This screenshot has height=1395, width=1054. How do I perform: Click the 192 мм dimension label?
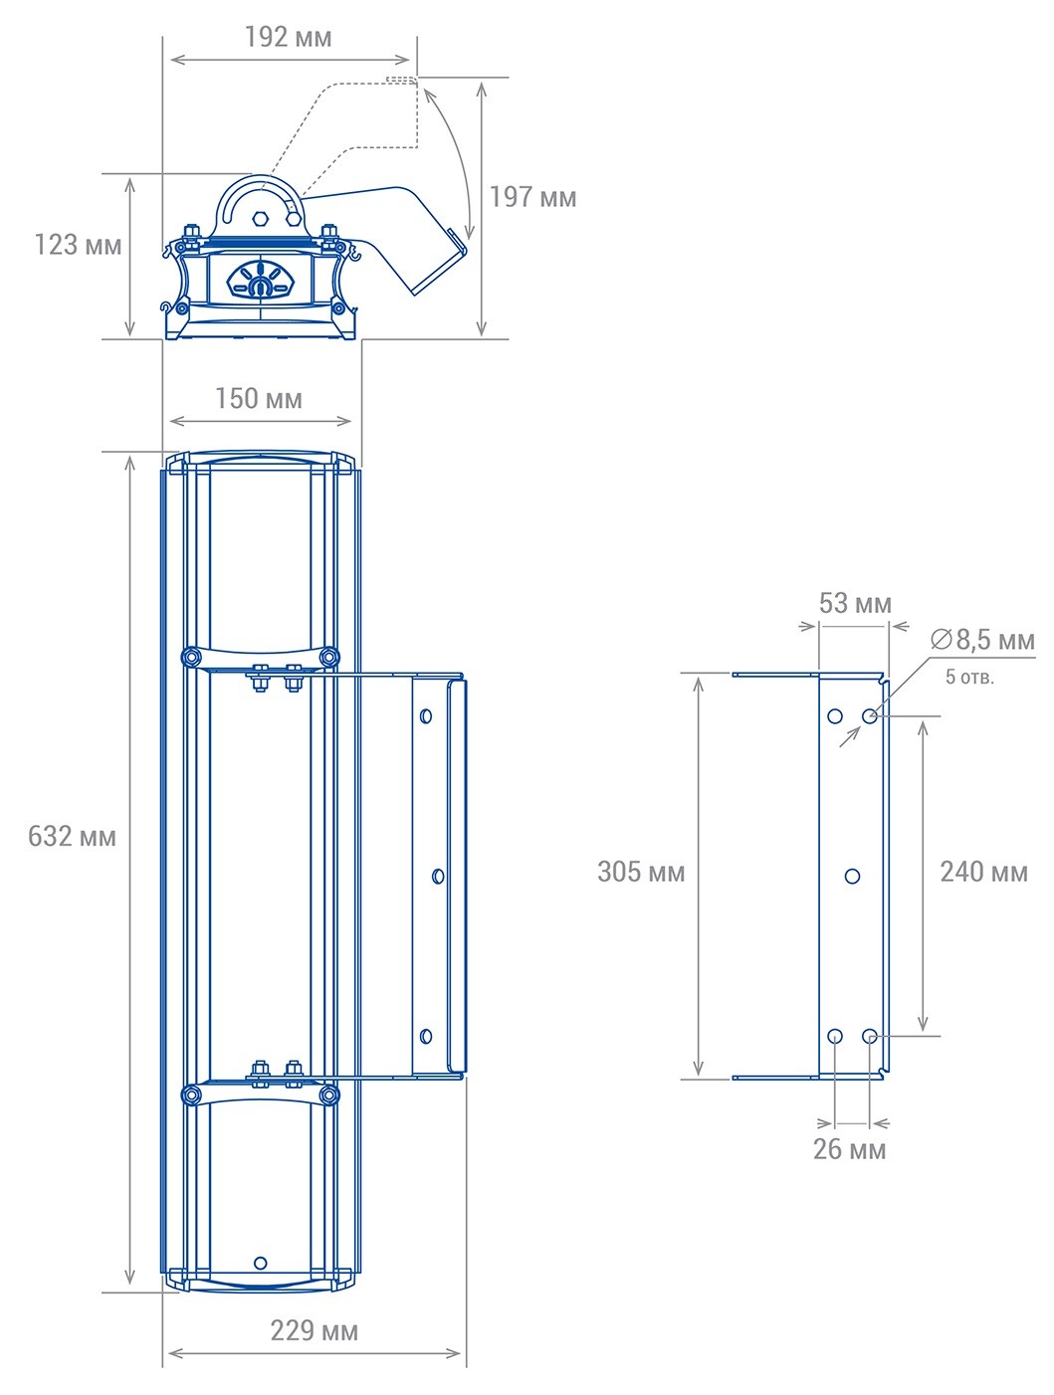(x=288, y=38)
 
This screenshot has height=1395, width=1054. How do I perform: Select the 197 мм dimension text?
(x=532, y=197)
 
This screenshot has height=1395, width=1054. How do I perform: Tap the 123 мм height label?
(x=78, y=245)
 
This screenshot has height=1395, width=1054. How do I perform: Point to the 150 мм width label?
(x=258, y=399)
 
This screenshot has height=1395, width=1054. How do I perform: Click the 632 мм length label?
(x=72, y=837)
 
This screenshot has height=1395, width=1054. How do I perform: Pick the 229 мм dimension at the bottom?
(x=314, y=1331)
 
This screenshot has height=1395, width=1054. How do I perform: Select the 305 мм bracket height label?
(x=641, y=873)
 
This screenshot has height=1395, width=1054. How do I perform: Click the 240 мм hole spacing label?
(x=983, y=873)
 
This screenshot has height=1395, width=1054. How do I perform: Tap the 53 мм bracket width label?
(x=855, y=604)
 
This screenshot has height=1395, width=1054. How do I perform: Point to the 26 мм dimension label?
(x=849, y=1149)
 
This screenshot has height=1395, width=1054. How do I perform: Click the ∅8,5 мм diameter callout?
(x=982, y=640)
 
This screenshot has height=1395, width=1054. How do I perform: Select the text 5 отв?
(x=969, y=678)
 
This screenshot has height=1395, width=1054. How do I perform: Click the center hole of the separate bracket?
(x=852, y=877)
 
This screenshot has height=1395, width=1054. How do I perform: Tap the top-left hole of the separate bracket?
(x=835, y=715)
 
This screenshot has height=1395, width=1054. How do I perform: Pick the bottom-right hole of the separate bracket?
(x=870, y=1037)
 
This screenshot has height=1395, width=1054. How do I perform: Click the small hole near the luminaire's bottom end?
(x=261, y=1263)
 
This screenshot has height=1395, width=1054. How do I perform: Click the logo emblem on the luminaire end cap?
(x=260, y=280)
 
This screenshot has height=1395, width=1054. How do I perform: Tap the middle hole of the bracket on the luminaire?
(x=438, y=876)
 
